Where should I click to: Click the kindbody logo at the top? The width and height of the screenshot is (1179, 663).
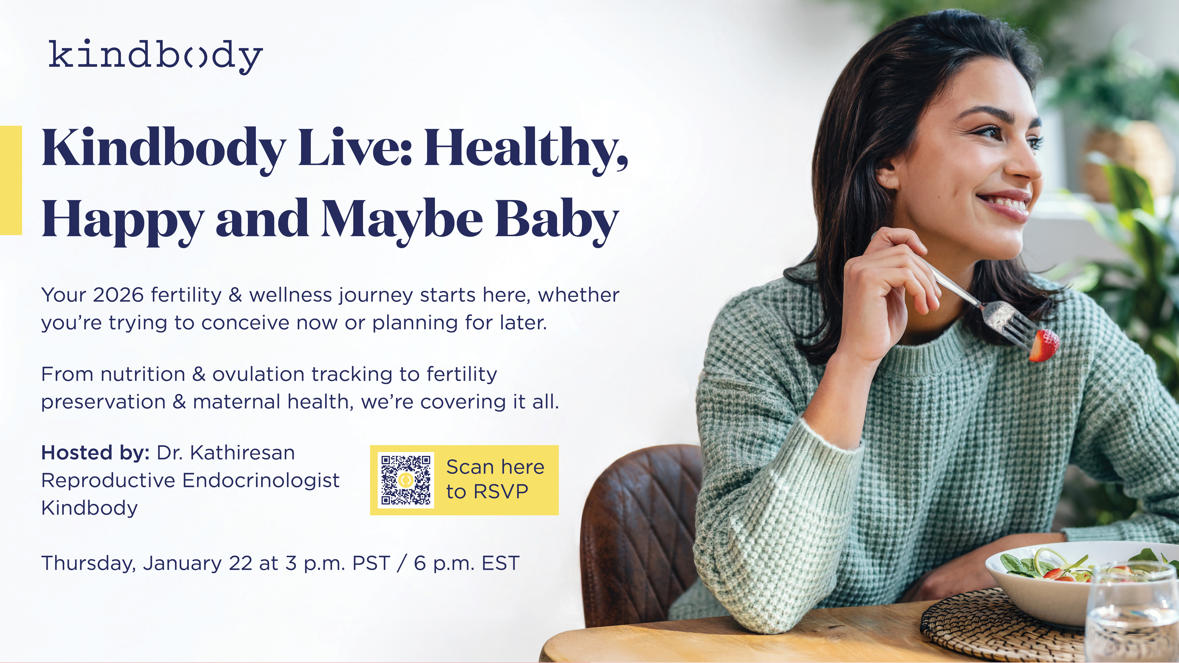coord(156,57)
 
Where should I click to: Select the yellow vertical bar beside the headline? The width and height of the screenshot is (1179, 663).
coord(11,180)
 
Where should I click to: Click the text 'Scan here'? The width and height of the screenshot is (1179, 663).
coord(495,467)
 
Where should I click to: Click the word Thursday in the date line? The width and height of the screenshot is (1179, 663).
coord(89,563)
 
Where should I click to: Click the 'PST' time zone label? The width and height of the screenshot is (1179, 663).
coord(371,563)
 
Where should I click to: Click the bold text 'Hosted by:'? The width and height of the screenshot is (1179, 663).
coord(95,453)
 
